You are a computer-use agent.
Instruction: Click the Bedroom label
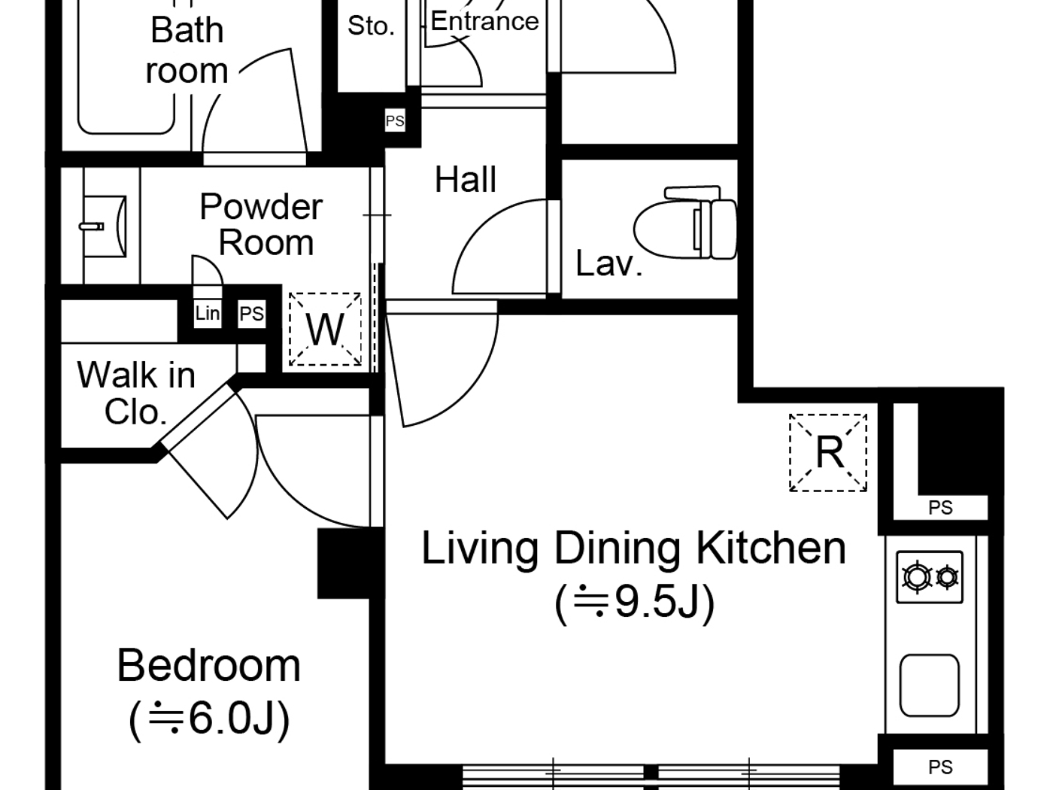click(208, 666)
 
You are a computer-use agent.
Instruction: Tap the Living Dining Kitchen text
click(633, 548)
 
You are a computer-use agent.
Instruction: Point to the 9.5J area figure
click(634, 601)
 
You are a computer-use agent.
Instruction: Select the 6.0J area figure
click(209, 718)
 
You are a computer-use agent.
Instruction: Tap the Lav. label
click(608, 263)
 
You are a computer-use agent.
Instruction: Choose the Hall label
click(466, 180)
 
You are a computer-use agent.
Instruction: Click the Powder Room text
click(262, 224)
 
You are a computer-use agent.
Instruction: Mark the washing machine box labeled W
click(326, 330)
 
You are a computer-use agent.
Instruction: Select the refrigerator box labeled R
click(828, 452)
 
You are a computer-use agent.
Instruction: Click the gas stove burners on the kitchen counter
click(930, 577)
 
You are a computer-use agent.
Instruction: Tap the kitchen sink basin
click(930, 685)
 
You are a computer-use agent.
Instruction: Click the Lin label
click(207, 313)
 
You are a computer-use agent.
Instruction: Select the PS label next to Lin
click(251, 314)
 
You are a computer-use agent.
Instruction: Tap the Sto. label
click(371, 26)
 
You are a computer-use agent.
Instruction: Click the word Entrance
click(484, 21)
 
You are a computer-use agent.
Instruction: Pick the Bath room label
click(187, 50)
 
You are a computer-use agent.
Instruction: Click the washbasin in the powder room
click(105, 225)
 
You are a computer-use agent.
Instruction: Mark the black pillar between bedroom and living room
click(343, 563)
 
